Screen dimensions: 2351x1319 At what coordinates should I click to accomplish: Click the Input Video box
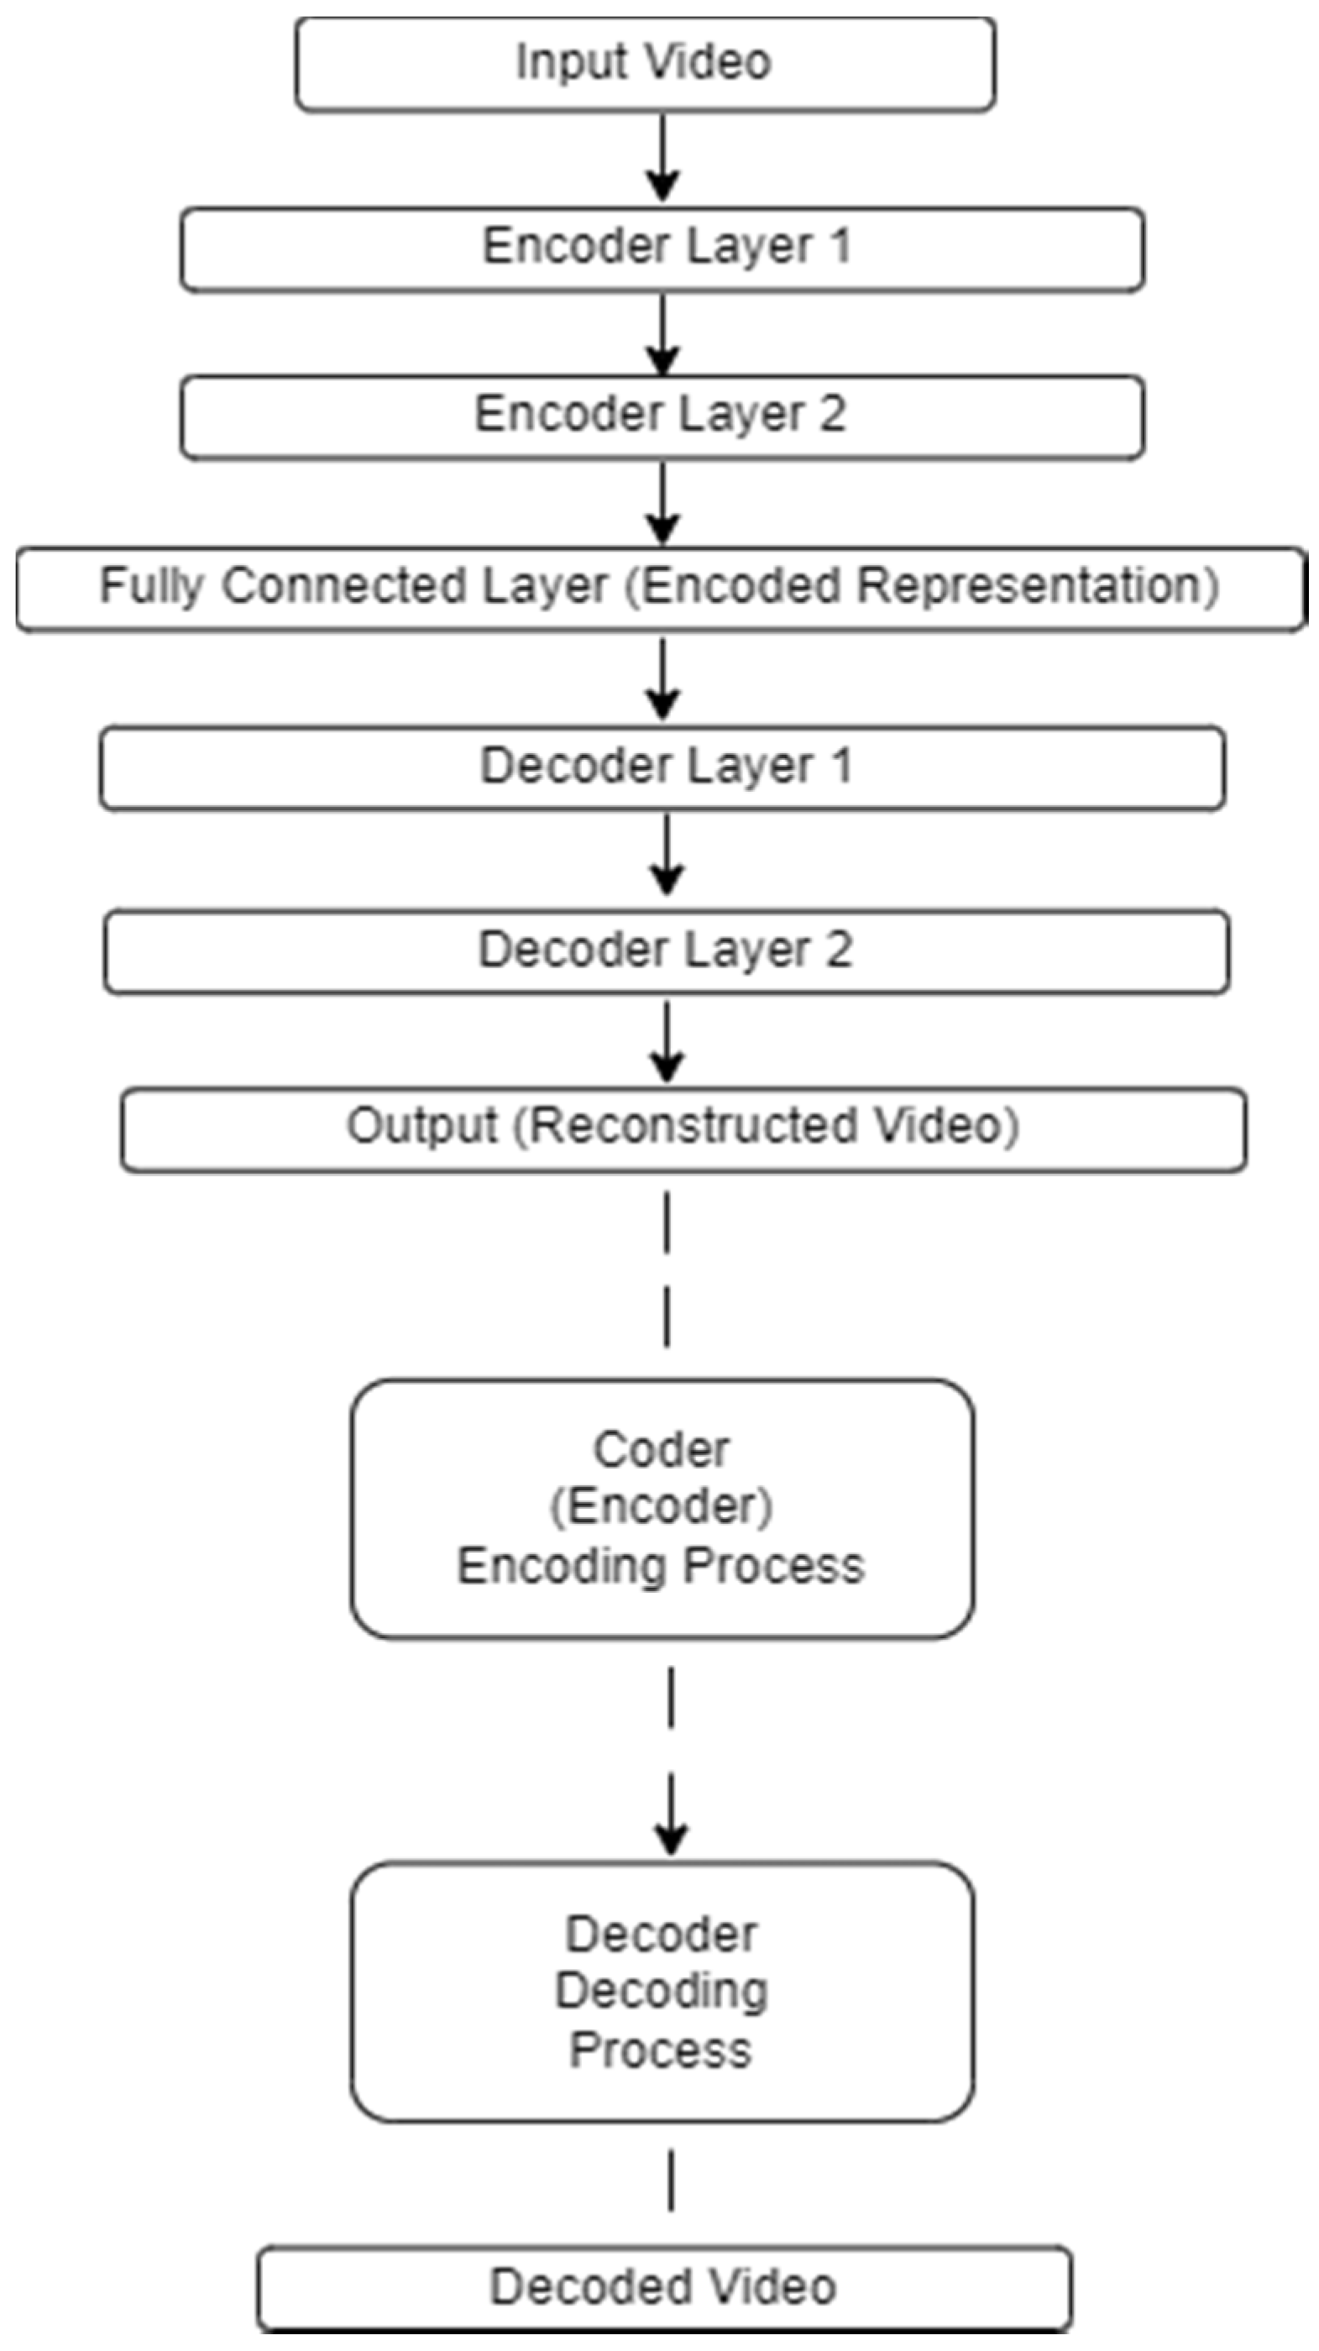[x=645, y=64]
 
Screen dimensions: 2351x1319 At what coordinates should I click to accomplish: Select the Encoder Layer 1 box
[x=662, y=249]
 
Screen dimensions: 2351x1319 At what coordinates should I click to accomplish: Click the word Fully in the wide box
[x=150, y=587]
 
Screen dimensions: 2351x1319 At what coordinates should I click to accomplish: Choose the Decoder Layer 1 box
[x=663, y=767]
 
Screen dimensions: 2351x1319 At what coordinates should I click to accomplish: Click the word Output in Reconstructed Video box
[x=421, y=1126]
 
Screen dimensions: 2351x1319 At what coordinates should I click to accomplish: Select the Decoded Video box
[x=663, y=2287]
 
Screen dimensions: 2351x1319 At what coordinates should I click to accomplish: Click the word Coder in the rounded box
[x=662, y=1450]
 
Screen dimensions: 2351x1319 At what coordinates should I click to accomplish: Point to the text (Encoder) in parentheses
[x=662, y=1507]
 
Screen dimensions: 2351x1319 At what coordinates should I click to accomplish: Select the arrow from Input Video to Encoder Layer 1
[x=662, y=158]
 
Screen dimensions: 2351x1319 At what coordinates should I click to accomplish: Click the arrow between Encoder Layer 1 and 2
[x=662, y=334]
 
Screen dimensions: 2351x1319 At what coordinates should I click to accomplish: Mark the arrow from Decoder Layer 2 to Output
[x=667, y=1041]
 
